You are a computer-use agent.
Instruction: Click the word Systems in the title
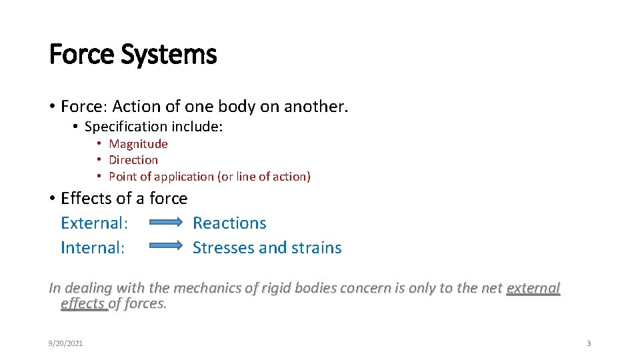[x=169, y=55]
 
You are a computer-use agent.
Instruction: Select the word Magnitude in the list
[x=138, y=144]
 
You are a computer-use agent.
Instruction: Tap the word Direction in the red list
[x=133, y=160]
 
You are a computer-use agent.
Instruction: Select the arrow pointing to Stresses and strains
[x=165, y=246]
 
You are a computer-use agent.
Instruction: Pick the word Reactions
[x=229, y=223]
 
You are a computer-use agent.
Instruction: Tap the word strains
[x=316, y=248]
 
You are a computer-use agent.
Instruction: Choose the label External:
[x=94, y=223]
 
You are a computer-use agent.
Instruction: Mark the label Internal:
[x=93, y=248]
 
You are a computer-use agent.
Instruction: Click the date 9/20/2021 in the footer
[x=65, y=343]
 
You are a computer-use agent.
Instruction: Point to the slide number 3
[x=589, y=343]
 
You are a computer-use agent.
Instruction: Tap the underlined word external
[x=533, y=289]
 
